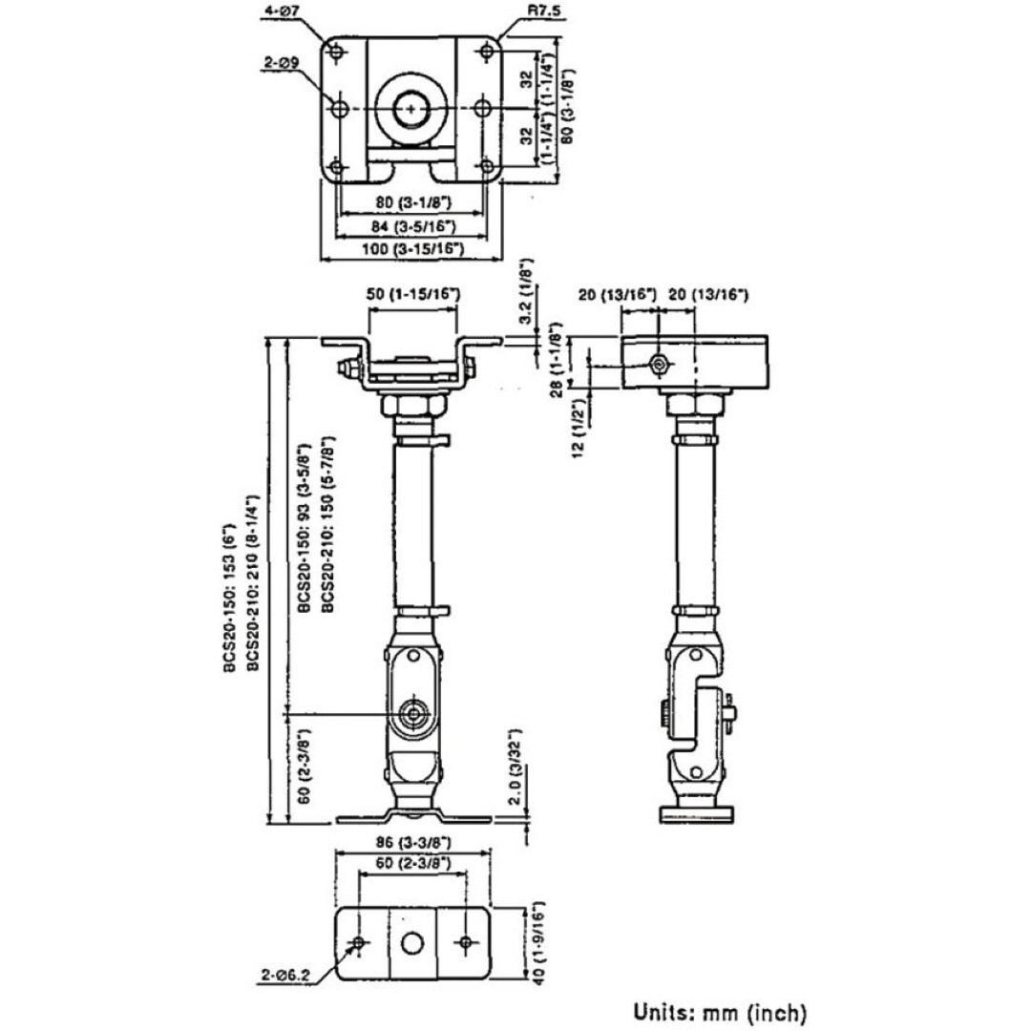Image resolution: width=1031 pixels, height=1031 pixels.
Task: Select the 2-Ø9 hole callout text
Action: click(x=283, y=64)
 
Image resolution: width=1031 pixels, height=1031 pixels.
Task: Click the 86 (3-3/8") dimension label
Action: click(x=411, y=843)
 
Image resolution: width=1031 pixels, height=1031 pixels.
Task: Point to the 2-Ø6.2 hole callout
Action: click(x=283, y=976)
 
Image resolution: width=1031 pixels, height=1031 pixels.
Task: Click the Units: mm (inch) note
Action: click(x=721, y=1011)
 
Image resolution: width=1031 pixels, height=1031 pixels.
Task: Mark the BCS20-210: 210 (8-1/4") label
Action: click(x=255, y=583)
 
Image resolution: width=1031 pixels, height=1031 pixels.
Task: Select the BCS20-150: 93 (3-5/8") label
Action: click(x=304, y=526)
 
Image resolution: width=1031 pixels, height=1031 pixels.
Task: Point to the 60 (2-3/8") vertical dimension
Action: click(x=303, y=768)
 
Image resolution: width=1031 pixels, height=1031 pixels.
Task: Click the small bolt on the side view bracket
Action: click(x=659, y=364)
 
